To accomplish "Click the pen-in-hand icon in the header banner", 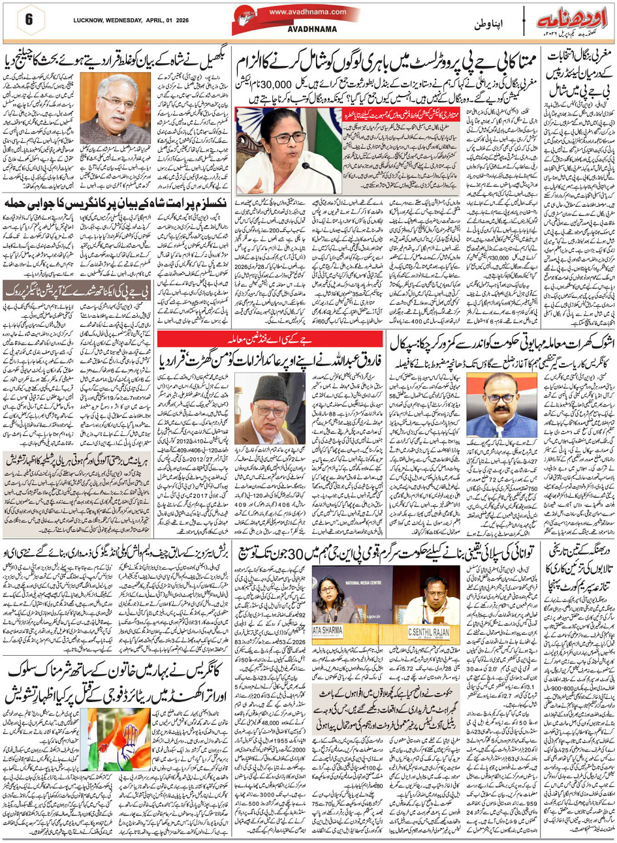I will click(249, 18).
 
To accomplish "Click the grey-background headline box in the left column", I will click(77, 290).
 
